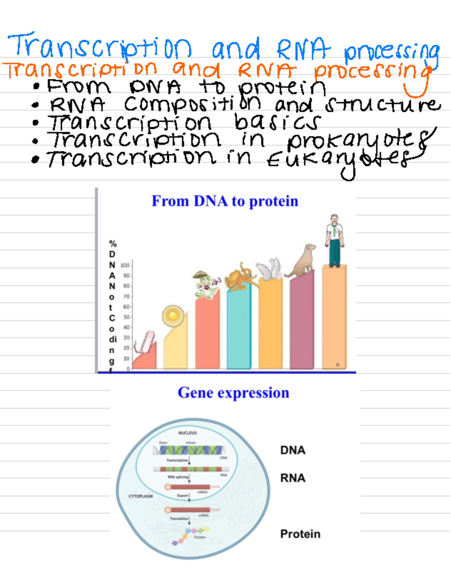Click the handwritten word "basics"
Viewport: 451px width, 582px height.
(277, 122)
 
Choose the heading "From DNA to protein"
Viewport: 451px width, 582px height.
(225, 201)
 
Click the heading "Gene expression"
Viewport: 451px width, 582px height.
(233, 393)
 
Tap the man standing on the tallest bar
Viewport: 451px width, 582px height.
(334, 240)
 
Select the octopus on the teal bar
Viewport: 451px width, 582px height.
(241, 278)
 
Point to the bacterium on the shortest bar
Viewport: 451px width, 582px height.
(148, 342)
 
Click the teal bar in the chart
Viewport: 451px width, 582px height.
(239, 331)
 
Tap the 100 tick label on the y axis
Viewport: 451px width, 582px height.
(125, 265)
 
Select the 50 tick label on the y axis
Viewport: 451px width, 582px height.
(126, 317)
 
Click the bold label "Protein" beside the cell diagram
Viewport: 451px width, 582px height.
(300, 534)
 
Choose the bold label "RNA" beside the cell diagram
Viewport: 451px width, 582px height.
(293, 478)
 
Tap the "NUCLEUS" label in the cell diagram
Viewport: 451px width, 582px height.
(188, 433)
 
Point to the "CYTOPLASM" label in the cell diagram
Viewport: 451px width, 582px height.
(141, 496)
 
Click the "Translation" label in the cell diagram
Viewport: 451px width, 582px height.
(179, 519)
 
